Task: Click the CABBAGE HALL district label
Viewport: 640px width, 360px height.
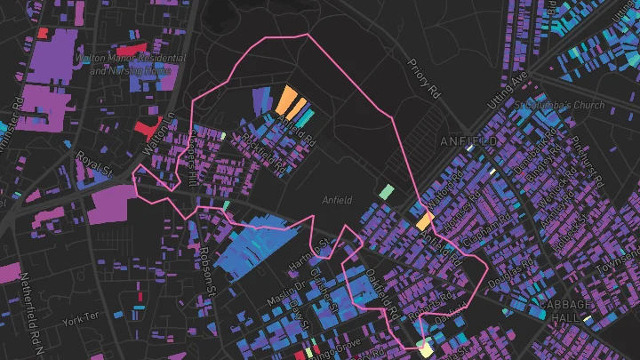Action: [565, 310]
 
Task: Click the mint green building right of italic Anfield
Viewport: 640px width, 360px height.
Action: [385, 191]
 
